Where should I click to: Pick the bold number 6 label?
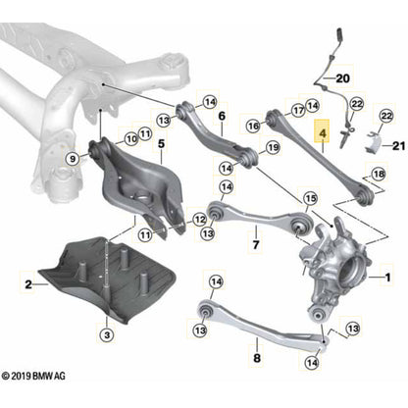click(223, 116)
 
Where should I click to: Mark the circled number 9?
click(72, 157)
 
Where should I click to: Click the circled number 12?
click(200, 219)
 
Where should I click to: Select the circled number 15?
click(311, 199)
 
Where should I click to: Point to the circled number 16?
click(253, 126)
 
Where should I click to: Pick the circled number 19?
click(274, 148)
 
